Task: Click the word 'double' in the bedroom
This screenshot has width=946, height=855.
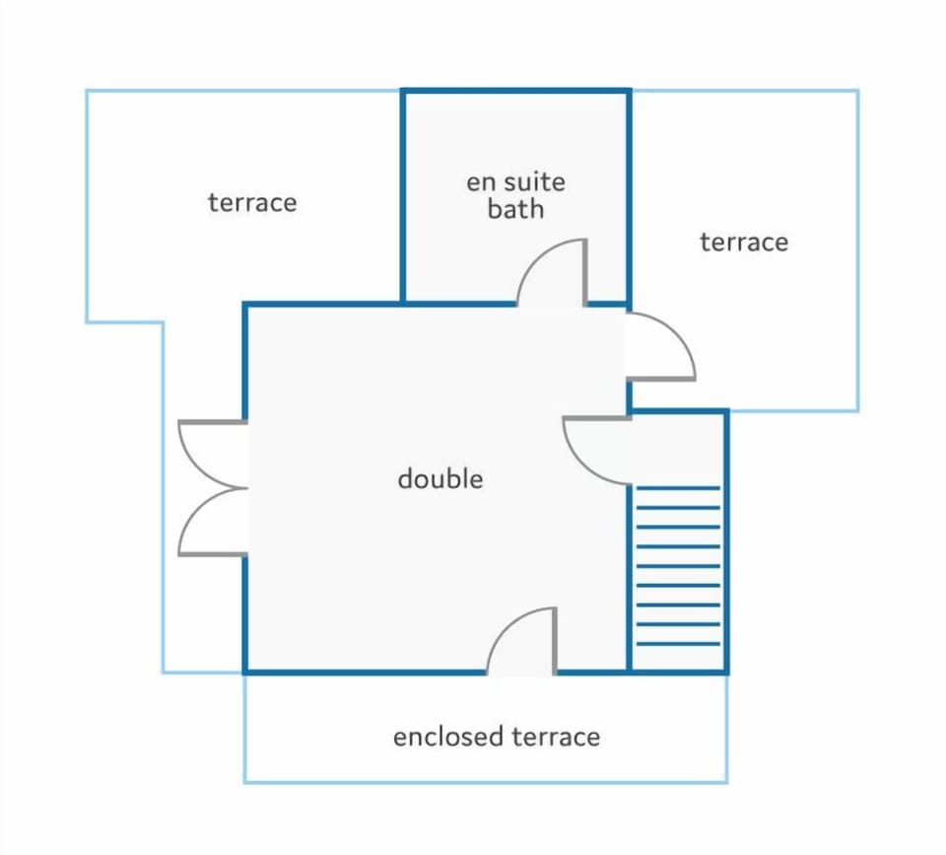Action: click(x=440, y=479)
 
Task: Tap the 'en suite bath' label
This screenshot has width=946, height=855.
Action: click(x=515, y=195)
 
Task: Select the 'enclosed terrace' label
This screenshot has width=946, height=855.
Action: click(x=497, y=737)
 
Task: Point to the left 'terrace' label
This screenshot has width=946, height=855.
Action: click(x=252, y=202)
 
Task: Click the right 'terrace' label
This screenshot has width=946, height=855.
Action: click(x=744, y=243)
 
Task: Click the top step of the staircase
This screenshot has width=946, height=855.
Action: click(x=678, y=488)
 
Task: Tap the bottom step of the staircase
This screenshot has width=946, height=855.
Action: click(x=678, y=644)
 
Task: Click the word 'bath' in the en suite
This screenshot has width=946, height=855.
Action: click(x=515, y=209)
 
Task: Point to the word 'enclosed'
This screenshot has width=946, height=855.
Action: click(x=448, y=737)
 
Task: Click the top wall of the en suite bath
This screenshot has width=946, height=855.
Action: click(x=515, y=91)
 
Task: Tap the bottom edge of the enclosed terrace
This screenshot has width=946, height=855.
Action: click(x=486, y=783)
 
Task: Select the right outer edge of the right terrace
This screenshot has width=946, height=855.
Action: click(x=857, y=250)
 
